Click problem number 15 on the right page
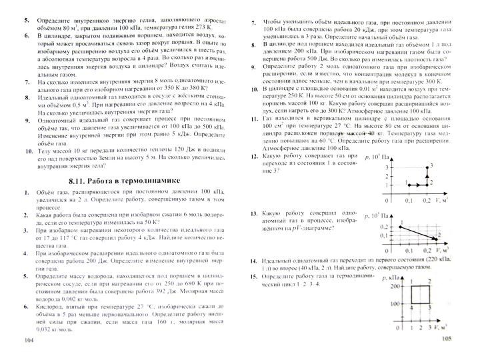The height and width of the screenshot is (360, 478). [254, 275]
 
